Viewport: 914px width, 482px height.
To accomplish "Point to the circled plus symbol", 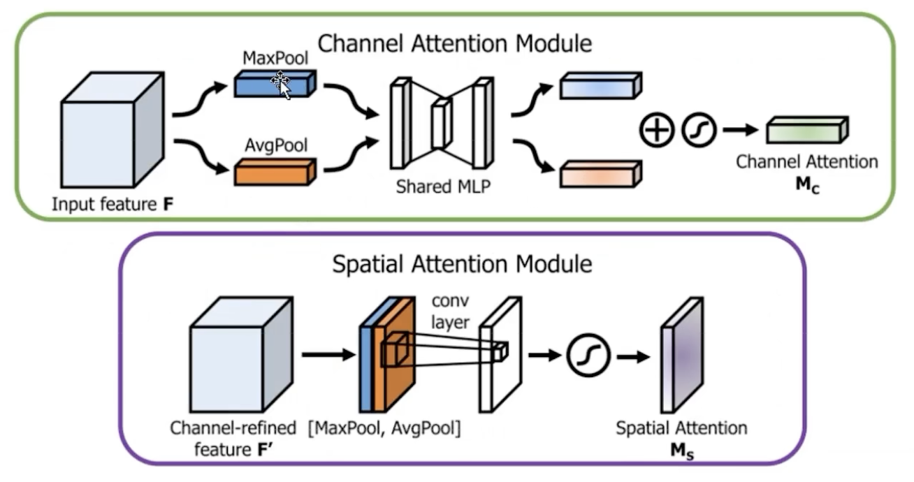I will [655, 131].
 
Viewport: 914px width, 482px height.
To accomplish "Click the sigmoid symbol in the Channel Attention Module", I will [699, 131].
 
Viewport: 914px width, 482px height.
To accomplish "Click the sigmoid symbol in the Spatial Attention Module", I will [590, 355].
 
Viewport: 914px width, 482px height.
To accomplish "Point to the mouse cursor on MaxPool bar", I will [281, 85].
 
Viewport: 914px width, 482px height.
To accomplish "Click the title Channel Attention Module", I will [454, 44].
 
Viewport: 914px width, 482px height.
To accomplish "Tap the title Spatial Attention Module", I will [462, 265].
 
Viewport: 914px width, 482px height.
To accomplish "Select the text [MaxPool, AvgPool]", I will [384, 428].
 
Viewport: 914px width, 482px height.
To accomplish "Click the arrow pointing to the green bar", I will [741, 130].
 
